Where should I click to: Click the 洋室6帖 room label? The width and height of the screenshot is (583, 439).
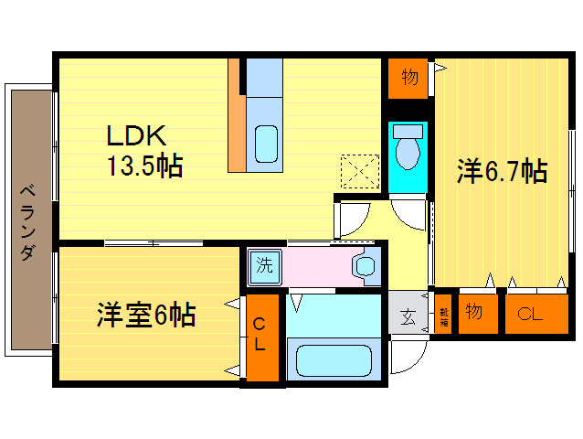pos(146,316)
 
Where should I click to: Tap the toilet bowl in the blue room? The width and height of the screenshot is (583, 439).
pos(408,146)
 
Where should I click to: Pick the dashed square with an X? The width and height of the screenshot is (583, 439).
pos(360,170)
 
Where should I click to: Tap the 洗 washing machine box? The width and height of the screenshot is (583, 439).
pos(263,267)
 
